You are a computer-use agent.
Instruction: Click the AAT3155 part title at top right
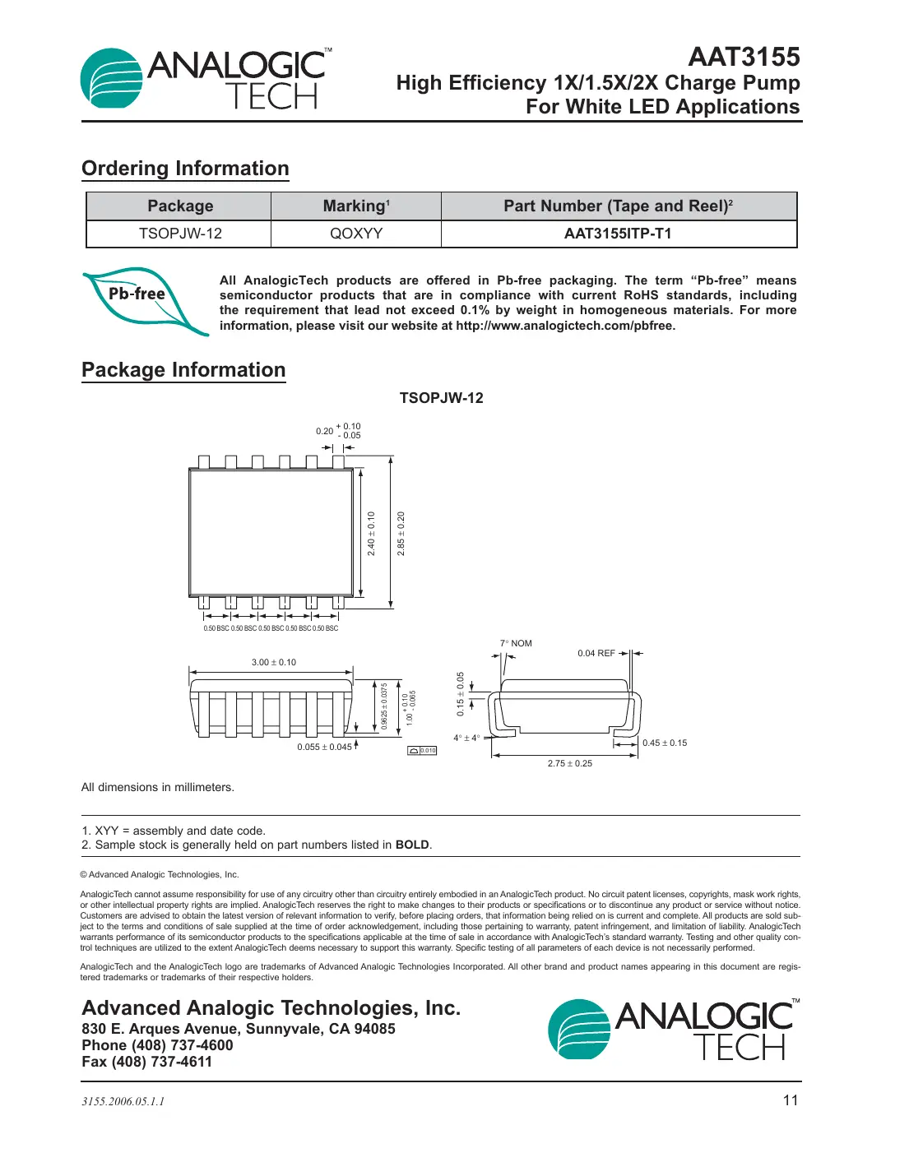[x=744, y=57]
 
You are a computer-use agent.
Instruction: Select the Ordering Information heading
[x=185, y=169]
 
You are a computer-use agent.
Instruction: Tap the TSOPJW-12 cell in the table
[x=180, y=234]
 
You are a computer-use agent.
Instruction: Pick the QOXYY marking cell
[x=356, y=234]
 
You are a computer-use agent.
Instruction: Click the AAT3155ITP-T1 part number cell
[x=618, y=234]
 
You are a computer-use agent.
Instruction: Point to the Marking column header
[x=356, y=206]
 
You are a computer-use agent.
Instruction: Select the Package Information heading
[x=183, y=370]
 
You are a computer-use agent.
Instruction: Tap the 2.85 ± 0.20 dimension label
[x=401, y=534]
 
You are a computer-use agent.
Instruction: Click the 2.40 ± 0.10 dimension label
[x=371, y=534]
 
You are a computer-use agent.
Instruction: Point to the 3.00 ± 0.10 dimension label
[x=274, y=662]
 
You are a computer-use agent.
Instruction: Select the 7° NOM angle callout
[x=516, y=643]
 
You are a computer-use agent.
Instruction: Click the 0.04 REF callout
[x=596, y=653]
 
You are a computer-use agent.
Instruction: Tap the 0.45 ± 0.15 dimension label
[x=665, y=743]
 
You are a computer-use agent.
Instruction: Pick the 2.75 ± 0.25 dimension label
[x=570, y=763]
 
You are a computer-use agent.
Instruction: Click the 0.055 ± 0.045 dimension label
[x=324, y=747]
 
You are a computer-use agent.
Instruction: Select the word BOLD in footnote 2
[x=412, y=845]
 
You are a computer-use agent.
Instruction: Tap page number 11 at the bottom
[x=790, y=1100]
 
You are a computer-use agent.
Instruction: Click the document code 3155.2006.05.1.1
[x=123, y=1101]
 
